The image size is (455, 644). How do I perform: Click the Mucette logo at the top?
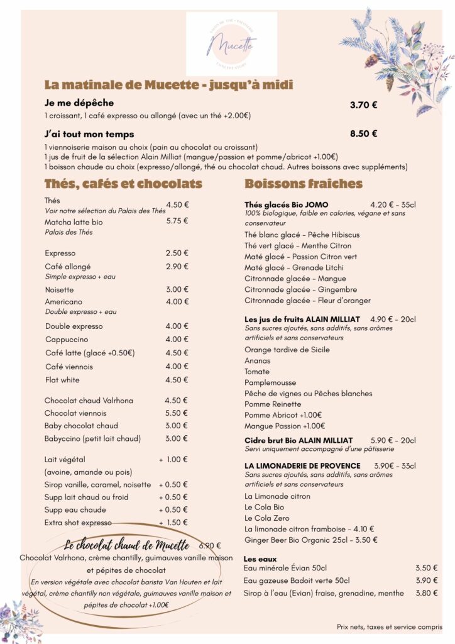tap(231, 44)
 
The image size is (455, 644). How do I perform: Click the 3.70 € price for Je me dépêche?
tap(363, 105)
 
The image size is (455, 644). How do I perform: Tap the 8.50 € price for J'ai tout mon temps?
tap(363, 133)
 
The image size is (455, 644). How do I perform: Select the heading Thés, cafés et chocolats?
tap(123, 184)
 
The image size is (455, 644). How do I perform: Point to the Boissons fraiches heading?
tap(303, 184)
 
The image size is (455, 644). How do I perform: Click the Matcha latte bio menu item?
tap(74, 222)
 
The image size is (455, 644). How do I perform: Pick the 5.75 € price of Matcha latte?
tap(177, 221)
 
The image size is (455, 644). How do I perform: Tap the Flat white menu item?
tap(62, 380)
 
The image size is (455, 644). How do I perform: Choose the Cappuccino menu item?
tap(67, 340)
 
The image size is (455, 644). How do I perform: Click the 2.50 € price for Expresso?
tap(177, 253)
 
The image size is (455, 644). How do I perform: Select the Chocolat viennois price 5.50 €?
tap(177, 413)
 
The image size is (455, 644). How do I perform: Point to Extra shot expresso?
tap(78, 523)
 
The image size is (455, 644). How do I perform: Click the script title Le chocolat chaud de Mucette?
tap(126, 545)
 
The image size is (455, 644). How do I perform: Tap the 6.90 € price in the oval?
tap(210, 545)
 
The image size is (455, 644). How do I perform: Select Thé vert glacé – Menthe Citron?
tap(298, 245)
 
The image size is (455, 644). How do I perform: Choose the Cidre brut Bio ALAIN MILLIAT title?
tap(299, 440)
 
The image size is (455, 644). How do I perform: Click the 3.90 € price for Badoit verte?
tap(427, 580)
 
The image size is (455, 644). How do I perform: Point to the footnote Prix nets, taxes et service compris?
tap(389, 627)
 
